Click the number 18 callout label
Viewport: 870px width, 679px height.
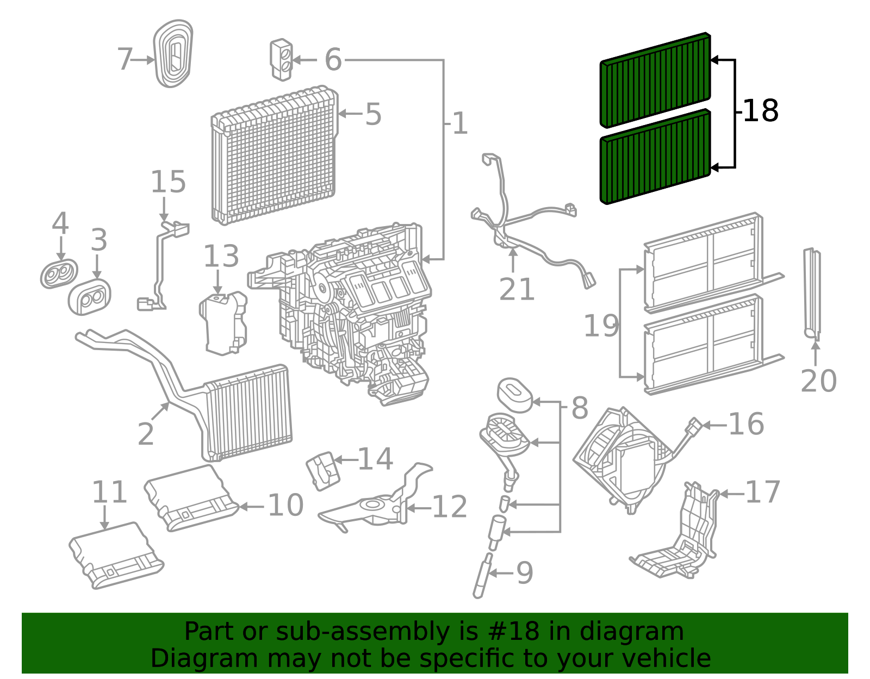761,110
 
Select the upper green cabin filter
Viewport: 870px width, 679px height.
655,80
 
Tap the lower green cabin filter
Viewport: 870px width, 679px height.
655,157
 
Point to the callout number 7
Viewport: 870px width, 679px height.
125,59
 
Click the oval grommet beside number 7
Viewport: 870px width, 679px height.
173,53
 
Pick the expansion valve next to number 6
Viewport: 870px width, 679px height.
282,60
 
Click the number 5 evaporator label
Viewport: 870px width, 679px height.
373,114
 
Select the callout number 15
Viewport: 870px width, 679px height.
168,182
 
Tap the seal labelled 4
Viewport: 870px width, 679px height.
59,273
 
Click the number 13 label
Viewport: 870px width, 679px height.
221,256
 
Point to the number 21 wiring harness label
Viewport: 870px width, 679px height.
517,289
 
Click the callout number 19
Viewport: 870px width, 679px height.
601,326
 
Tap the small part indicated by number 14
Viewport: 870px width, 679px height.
323,471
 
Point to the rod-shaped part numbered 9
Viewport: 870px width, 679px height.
482,576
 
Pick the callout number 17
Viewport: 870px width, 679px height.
763,492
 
